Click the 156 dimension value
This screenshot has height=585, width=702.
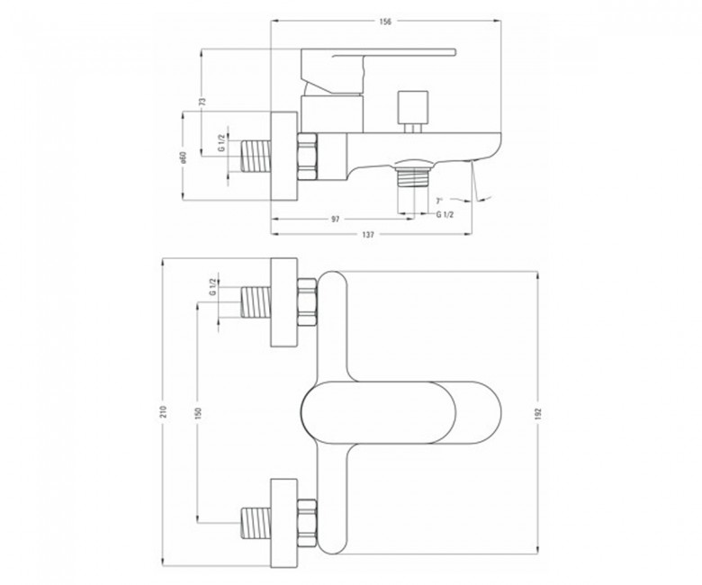tap(385, 22)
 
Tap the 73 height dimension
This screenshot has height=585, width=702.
tap(202, 102)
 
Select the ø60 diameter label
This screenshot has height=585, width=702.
tap(183, 157)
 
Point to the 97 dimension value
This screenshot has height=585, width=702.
tap(336, 219)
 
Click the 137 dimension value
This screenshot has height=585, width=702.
tap(367, 234)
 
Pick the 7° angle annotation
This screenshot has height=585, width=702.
tap(439, 201)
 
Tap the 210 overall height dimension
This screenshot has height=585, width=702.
tap(163, 412)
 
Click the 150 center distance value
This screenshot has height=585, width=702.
tap(199, 412)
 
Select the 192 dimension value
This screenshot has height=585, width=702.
tap(538, 413)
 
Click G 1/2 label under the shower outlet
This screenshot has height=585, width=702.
tap(445, 214)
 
